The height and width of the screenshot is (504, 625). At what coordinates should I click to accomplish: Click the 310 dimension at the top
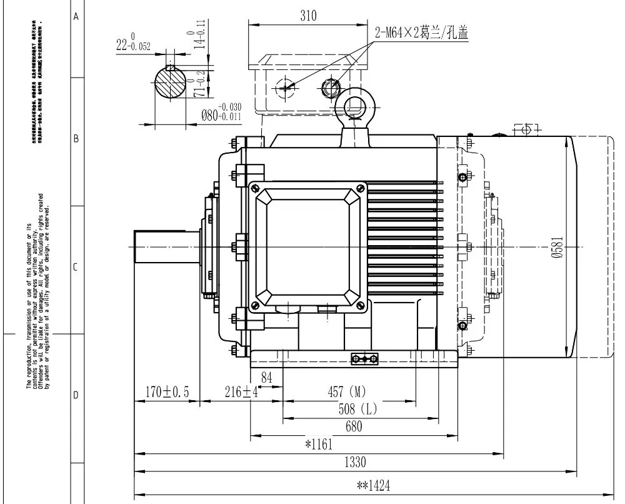point(308,17)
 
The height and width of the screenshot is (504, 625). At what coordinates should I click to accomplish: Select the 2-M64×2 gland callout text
point(422,33)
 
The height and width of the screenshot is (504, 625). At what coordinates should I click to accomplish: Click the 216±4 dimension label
point(241,392)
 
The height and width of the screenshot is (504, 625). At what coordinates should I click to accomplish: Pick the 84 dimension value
point(267,377)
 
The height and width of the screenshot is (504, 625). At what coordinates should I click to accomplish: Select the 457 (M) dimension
point(347,392)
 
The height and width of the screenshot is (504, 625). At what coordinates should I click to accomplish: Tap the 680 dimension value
point(353,427)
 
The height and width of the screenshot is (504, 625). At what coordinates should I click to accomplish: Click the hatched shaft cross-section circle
point(171,81)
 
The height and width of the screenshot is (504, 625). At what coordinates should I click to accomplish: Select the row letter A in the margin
point(76,17)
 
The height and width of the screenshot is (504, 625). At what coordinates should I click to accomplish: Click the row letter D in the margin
point(76,396)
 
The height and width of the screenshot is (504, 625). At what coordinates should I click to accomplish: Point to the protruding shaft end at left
point(166,246)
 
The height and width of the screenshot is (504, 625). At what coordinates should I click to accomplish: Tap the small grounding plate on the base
point(364,358)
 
